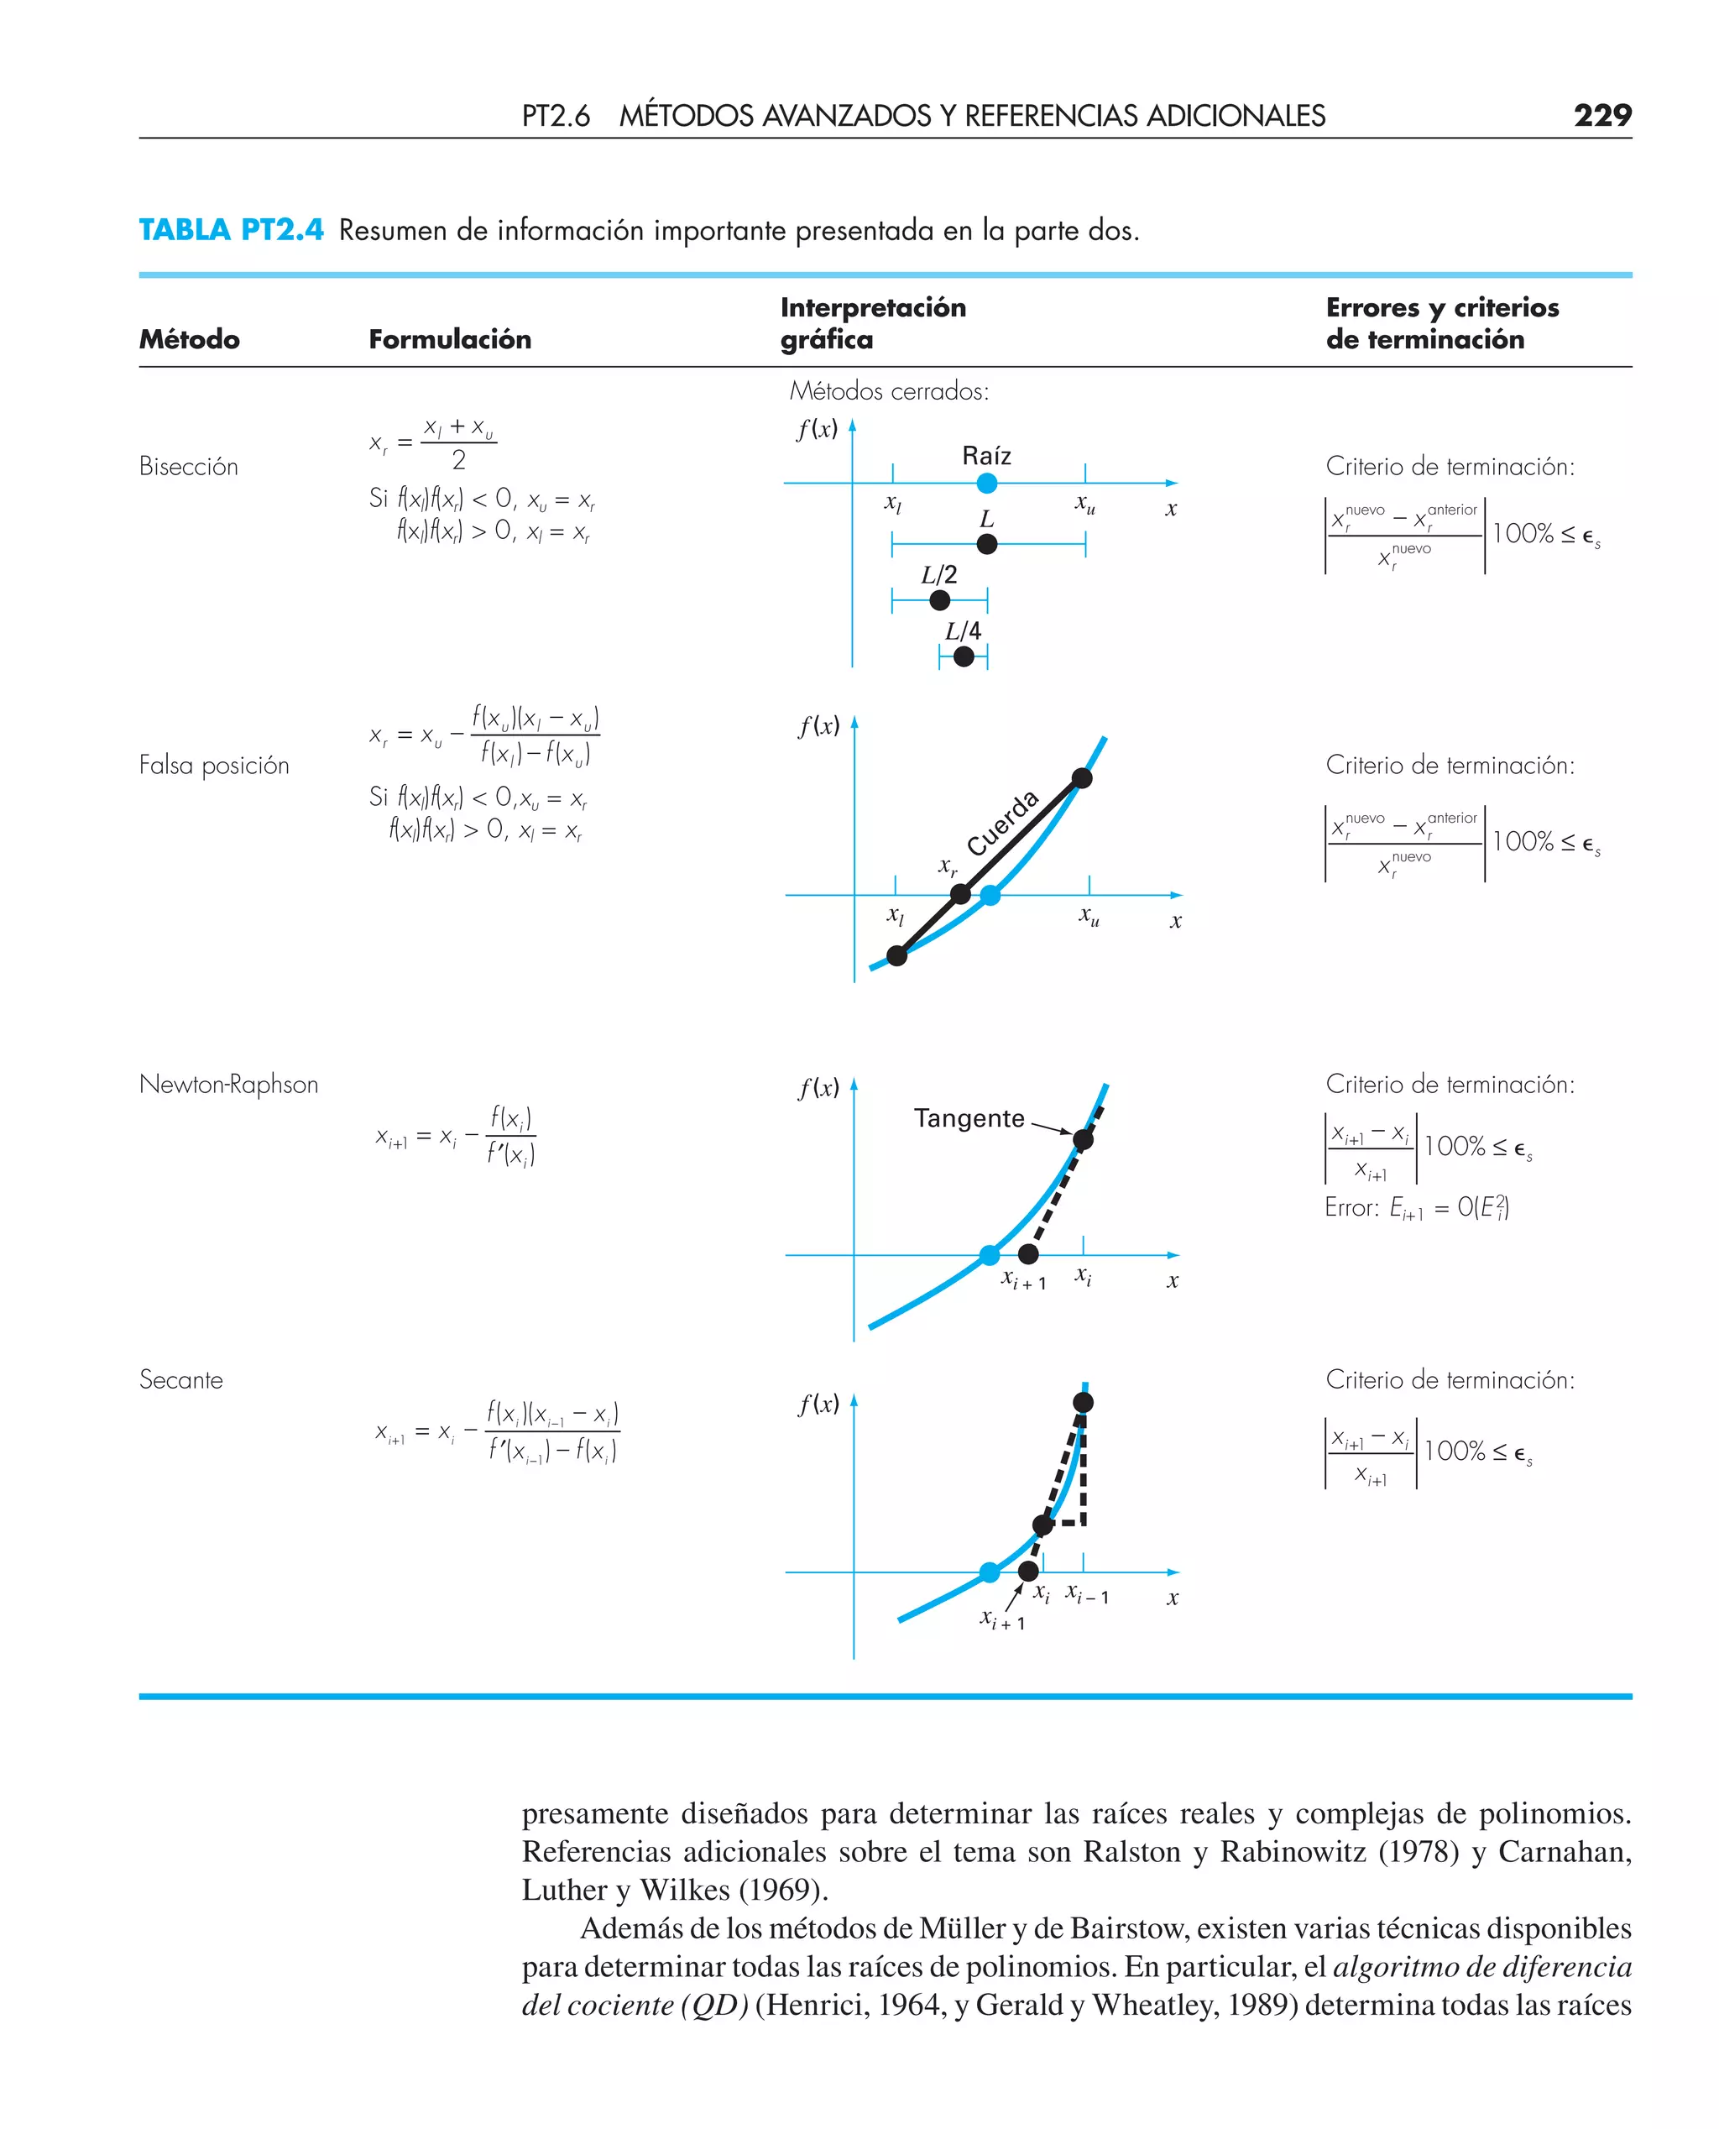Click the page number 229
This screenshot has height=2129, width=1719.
click(x=1601, y=116)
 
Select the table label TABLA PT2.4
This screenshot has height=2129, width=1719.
click(x=231, y=230)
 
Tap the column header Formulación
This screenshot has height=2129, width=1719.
click(x=450, y=340)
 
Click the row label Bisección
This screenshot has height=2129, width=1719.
click(x=188, y=467)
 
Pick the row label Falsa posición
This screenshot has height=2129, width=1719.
click(x=214, y=766)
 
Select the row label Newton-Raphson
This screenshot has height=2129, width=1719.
click(x=229, y=1085)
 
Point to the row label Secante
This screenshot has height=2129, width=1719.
click(x=181, y=1380)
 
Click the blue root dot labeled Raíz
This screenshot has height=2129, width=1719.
click(x=986, y=484)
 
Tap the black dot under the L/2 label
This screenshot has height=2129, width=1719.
click(x=940, y=600)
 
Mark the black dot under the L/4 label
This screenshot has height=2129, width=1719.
click(x=964, y=656)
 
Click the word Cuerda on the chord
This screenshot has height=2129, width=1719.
click(x=1002, y=823)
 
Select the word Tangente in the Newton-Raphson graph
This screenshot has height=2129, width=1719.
click(x=969, y=1119)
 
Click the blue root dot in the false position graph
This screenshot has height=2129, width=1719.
click(x=990, y=895)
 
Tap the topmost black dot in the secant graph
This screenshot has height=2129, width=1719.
click(x=1084, y=1402)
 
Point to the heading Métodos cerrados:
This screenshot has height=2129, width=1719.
click(x=888, y=392)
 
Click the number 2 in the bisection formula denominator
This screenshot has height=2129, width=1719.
click(x=458, y=460)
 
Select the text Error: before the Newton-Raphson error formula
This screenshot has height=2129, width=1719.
click(x=1351, y=1208)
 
